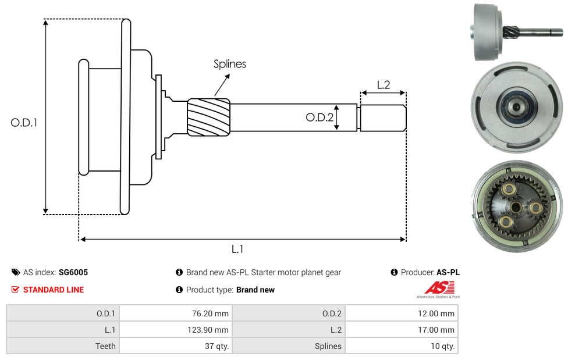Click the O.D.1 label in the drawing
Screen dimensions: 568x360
24,123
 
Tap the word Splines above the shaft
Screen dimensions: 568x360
230,64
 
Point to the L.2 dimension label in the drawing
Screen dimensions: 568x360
384,85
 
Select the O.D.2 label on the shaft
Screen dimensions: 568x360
319,117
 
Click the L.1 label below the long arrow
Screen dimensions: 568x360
237,249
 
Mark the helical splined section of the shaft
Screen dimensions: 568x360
209,117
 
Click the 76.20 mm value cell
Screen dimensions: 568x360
176,313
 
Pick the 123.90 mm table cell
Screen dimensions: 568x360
176,330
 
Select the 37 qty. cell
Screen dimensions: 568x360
176,346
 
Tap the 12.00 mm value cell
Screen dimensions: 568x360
402,313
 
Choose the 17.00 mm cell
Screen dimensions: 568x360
402,330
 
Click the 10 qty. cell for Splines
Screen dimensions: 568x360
402,346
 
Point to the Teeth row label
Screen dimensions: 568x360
105,346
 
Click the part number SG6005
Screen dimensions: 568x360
73,272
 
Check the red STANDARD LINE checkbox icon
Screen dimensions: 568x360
15,290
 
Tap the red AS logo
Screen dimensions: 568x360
439,288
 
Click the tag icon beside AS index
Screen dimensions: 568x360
16,272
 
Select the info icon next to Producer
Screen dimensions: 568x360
395,272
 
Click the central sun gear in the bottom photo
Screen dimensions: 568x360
516,207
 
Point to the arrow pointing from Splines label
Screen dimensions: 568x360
222,85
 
